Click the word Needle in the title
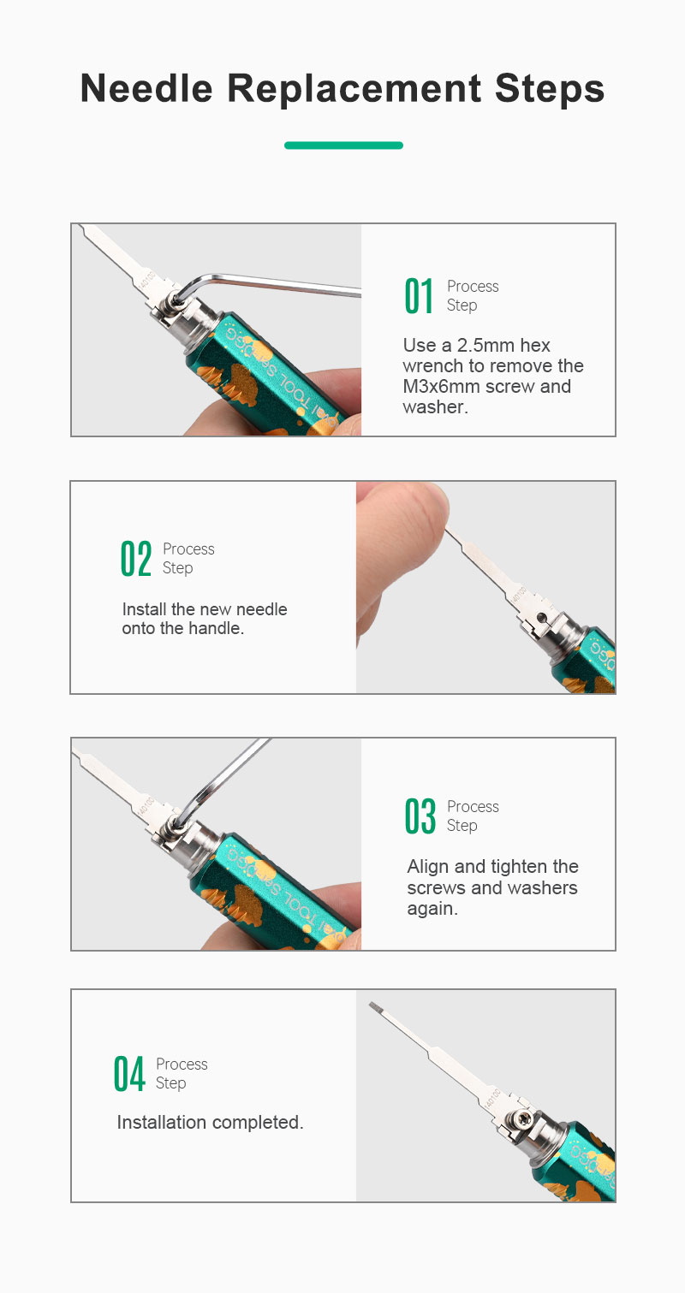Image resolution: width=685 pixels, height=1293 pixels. (x=146, y=89)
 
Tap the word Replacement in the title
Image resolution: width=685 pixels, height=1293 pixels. (x=354, y=89)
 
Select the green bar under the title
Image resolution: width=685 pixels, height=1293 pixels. (x=343, y=145)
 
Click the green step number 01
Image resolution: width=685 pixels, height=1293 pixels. (x=419, y=296)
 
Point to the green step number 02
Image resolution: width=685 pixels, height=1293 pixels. (x=136, y=559)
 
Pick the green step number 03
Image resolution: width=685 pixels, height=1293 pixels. (x=420, y=816)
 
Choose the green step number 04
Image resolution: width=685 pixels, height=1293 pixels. (x=128, y=1074)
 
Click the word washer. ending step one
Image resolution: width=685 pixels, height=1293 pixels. (x=436, y=407)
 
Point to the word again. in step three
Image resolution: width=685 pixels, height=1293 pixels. (x=432, y=910)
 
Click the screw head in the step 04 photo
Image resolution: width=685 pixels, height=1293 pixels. (x=524, y=1120)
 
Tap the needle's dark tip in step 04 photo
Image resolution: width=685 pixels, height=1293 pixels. (x=375, y=1006)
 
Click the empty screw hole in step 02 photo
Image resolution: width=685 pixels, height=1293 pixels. (x=541, y=618)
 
